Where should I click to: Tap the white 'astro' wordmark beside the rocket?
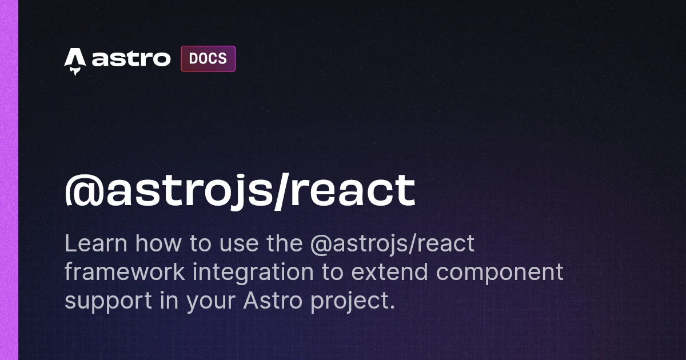click(131, 59)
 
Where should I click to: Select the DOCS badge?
click(208, 59)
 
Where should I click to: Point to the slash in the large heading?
click(282, 191)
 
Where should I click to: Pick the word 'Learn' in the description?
click(96, 243)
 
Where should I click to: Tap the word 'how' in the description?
click(158, 243)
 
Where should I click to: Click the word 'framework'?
click(125, 271)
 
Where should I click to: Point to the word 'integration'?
click(253, 273)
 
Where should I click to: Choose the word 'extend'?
click(389, 271)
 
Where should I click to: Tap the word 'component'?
click(500, 274)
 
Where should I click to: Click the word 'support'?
click(109, 302)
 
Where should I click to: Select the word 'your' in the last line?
click(211, 303)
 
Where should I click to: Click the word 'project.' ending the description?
click(353, 302)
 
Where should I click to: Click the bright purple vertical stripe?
click(9, 180)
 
